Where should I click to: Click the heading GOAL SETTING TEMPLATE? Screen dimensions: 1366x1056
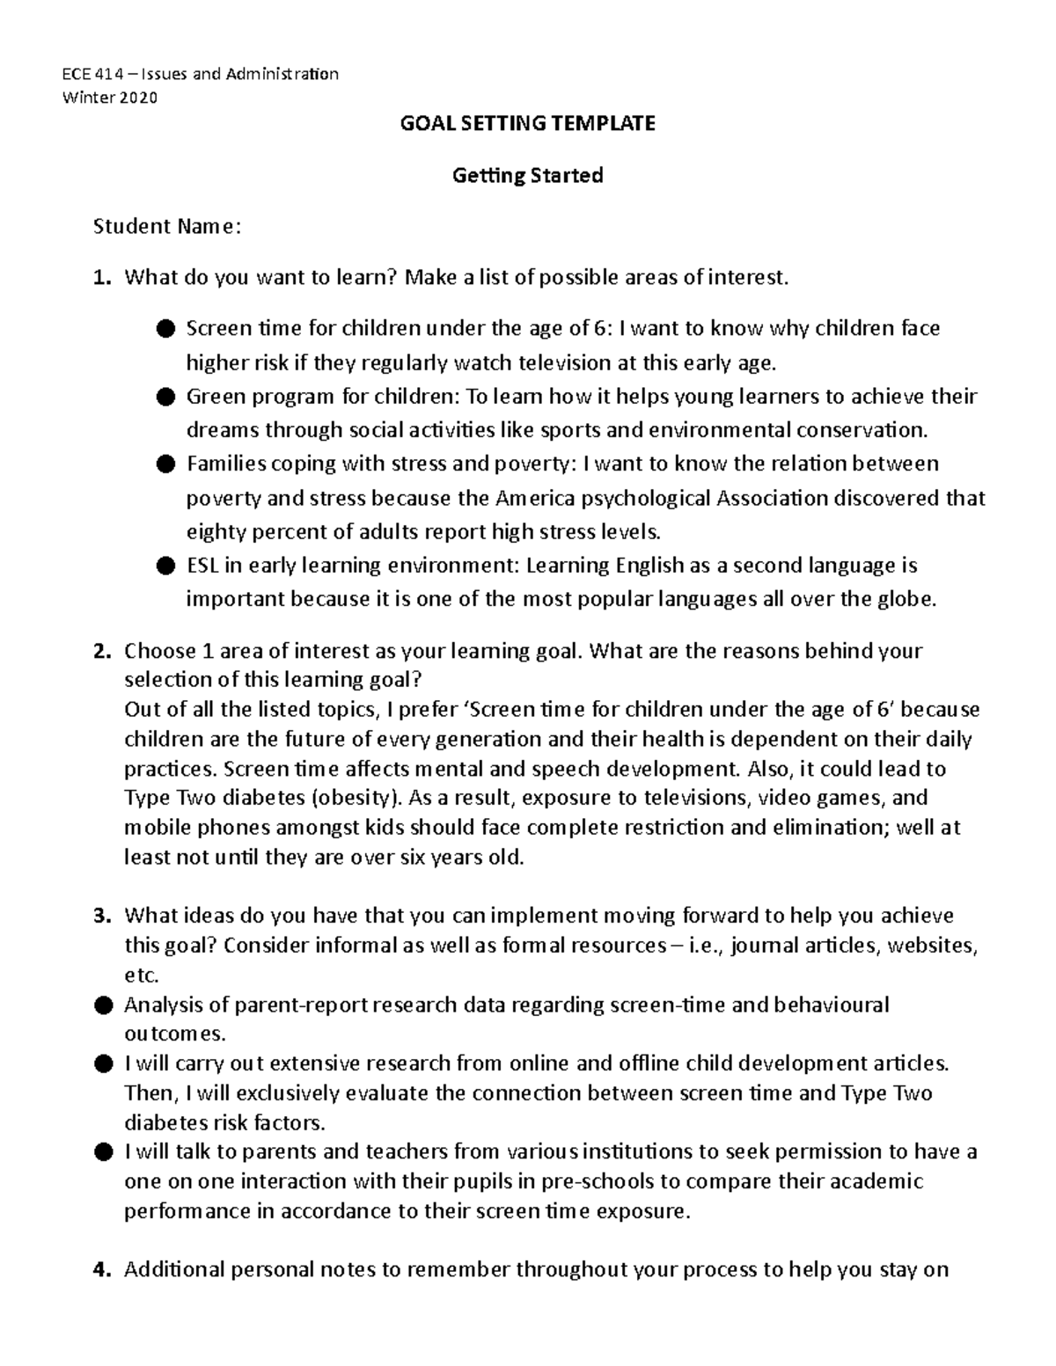[x=527, y=123]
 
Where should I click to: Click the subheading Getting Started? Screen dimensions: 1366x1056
[x=527, y=176]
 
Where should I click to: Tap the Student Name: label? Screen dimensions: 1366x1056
[x=166, y=227]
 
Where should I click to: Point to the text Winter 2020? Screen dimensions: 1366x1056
[x=109, y=98]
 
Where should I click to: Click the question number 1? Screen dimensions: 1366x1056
[x=102, y=279]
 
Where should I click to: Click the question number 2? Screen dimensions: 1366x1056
[x=102, y=652]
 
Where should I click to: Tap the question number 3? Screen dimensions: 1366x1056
[x=102, y=916]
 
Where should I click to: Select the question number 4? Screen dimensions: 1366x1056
[x=102, y=1270]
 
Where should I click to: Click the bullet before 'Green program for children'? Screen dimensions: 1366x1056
[x=164, y=397]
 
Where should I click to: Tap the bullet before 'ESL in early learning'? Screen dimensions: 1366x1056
[x=164, y=566]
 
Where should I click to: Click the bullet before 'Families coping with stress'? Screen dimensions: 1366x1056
[x=164, y=464]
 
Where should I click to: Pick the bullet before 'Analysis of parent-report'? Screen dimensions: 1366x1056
[x=102, y=1004]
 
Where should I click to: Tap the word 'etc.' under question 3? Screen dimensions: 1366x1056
[x=142, y=975]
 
